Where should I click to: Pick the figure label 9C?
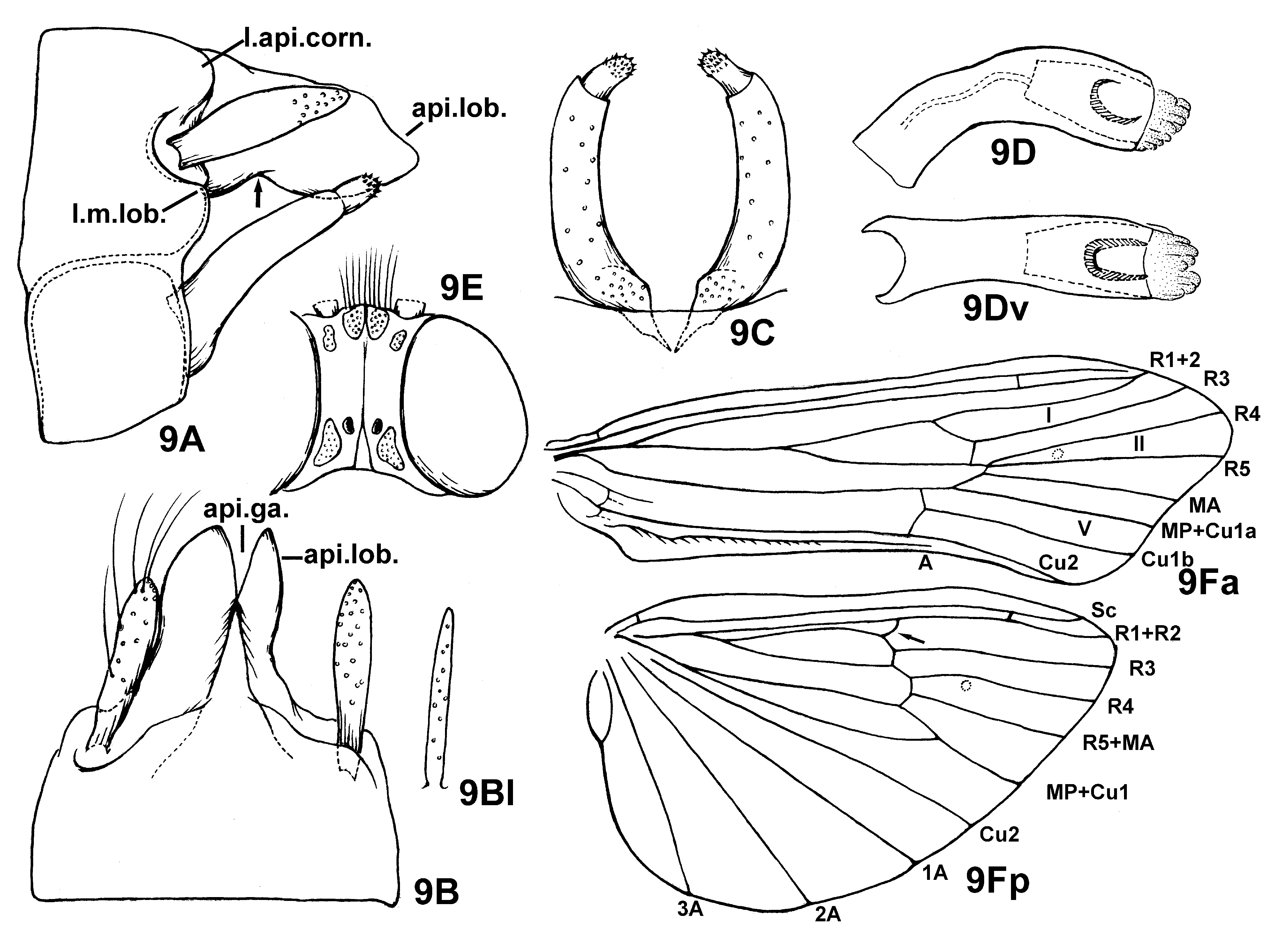[752, 332]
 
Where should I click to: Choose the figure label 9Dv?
[995, 309]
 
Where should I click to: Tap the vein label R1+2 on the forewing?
[1175, 359]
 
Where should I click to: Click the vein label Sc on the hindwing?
[1103, 610]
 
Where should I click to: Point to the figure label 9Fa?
[1209, 584]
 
